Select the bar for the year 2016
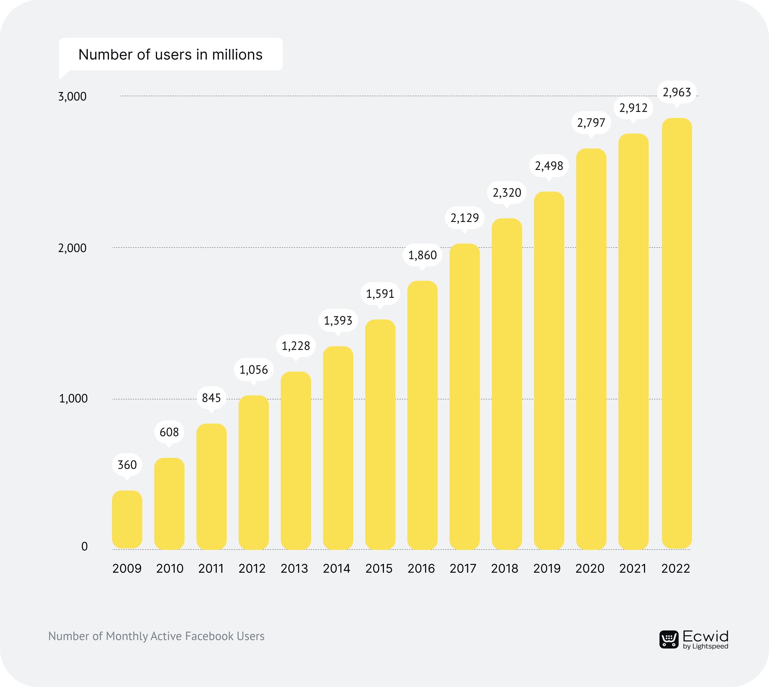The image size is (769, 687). [422, 415]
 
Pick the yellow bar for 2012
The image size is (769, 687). [254, 472]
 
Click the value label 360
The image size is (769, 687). [127, 465]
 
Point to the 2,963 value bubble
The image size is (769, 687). [677, 92]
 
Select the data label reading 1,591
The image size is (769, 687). [380, 294]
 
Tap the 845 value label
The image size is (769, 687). [212, 398]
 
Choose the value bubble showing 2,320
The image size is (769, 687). [507, 193]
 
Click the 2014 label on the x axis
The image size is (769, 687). [336, 568]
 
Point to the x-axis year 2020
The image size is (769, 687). [590, 568]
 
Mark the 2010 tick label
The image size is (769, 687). [169, 568]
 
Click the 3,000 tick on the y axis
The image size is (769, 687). [72, 97]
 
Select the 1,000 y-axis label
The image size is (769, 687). [73, 399]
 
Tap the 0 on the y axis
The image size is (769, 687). [85, 547]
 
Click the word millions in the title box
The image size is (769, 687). [237, 55]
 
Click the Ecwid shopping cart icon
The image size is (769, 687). [669, 639]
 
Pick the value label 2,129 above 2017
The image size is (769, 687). [464, 218]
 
